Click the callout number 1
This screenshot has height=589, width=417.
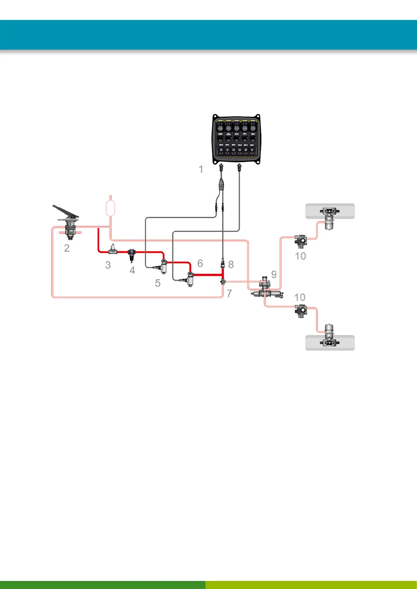point(201,170)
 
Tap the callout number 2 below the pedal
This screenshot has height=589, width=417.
point(67,248)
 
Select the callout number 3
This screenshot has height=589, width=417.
point(108,265)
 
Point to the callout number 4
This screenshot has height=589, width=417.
point(132,270)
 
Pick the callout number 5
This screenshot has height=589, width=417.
point(158,283)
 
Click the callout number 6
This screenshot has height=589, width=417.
point(200,263)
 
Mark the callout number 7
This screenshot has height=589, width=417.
point(229,293)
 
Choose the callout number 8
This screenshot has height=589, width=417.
point(231,264)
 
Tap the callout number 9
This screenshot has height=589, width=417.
point(274,275)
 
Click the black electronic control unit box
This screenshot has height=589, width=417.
point(236,140)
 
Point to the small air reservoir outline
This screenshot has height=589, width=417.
point(110,208)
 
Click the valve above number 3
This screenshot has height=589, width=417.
point(113,250)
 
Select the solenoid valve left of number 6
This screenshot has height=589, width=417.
point(189,279)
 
